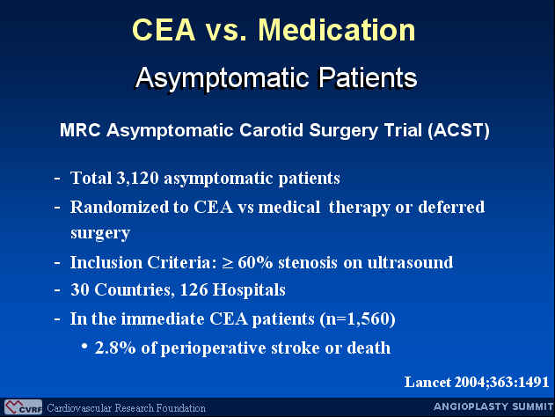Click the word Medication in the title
[337, 30]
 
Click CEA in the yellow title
[164, 30]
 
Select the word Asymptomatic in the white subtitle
[223, 78]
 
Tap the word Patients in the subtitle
[368, 77]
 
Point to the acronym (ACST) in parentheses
[458, 130]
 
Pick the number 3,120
[137, 178]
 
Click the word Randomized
[120, 207]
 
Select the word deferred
[451, 207]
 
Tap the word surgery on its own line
[100, 234]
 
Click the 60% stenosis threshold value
[255, 263]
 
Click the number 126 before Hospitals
[194, 290]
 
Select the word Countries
[135, 290]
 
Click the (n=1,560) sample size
[357, 319]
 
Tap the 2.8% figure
[115, 348]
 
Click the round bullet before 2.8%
[84, 346]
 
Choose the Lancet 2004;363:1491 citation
[477, 383]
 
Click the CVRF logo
[24, 407]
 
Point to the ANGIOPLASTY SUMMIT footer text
[493, 406]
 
